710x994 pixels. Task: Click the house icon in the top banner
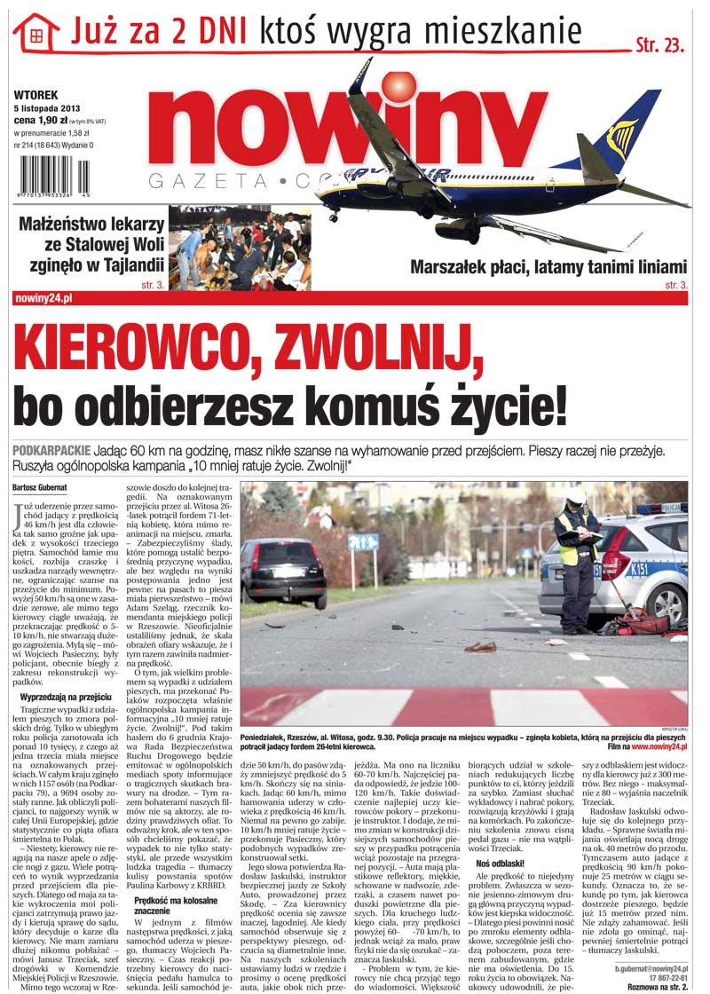pyautogui.click(x=36, y=35)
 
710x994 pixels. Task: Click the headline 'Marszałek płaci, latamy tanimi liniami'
pyautogui.click(x=548, y=266)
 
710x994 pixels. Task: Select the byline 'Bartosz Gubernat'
pyautogui.click(x=43, y=487)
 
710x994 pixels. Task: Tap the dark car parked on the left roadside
pyautogui.click(x=283, y=568)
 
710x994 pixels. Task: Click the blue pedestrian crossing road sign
pyautogui.click(x=365, y=541)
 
